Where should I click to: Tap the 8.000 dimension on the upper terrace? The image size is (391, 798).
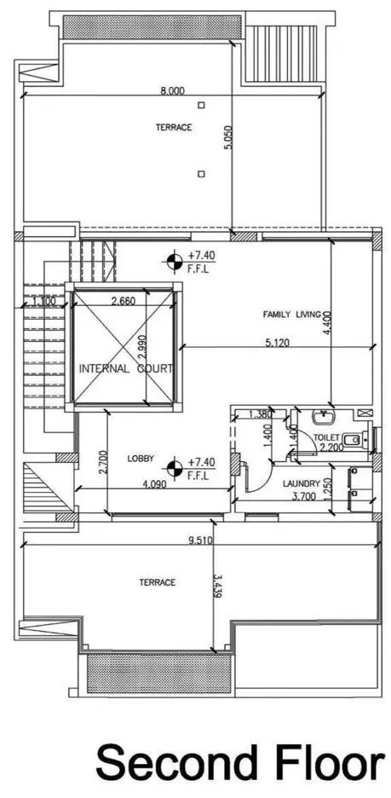tap(172, 91)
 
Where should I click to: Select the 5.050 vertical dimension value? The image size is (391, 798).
tap(228, 137)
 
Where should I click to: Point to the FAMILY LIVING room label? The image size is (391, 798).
tap(291, 315)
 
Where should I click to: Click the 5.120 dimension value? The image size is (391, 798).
tap(277, 343)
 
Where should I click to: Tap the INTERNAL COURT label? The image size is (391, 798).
tap(125, 368)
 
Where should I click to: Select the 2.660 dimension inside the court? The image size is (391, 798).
tap(123, 301)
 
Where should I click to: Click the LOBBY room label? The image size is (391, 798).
tap(141, 459)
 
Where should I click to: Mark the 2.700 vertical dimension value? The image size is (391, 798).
tap(103, 462)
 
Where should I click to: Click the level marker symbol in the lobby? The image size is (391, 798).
tap(175, 468)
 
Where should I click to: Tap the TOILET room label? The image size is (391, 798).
tap(324, 437)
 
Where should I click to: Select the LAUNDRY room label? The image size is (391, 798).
tap(301, 483)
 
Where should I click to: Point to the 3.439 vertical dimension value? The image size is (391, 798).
tap(217, 586)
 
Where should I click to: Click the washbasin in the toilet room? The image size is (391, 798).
tap(322, 417)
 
